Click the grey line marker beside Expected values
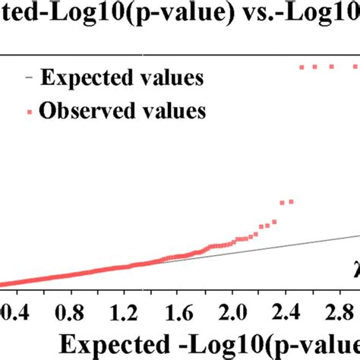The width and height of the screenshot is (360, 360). click(28, 78)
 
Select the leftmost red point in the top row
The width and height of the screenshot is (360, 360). click(302, 67)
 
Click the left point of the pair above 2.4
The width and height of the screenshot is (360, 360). click(283, 203)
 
